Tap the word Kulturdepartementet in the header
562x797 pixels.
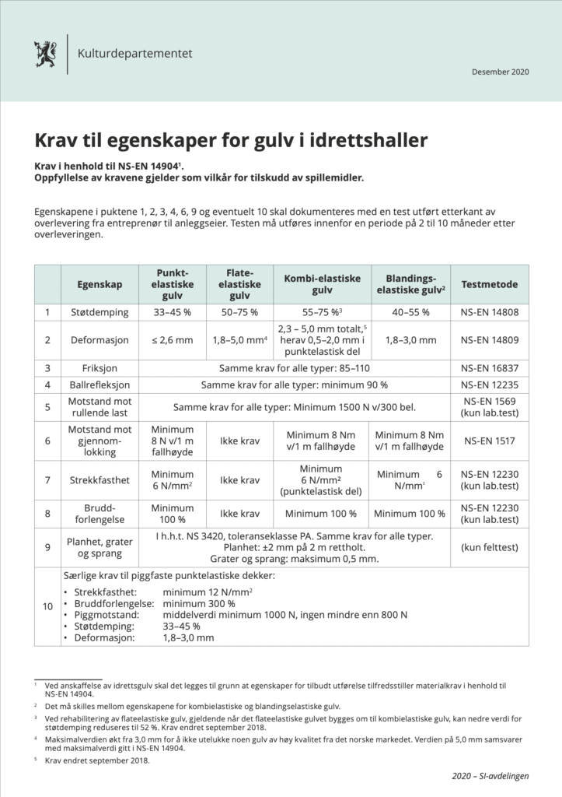point(134,54)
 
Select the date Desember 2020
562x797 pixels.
point(500,72)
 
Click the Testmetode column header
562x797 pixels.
point(489,285)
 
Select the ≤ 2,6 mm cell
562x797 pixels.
point(173,340)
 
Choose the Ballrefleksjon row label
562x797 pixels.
point(99,384)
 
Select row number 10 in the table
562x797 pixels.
point(47,607)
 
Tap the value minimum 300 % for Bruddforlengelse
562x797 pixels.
point(199,603)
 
